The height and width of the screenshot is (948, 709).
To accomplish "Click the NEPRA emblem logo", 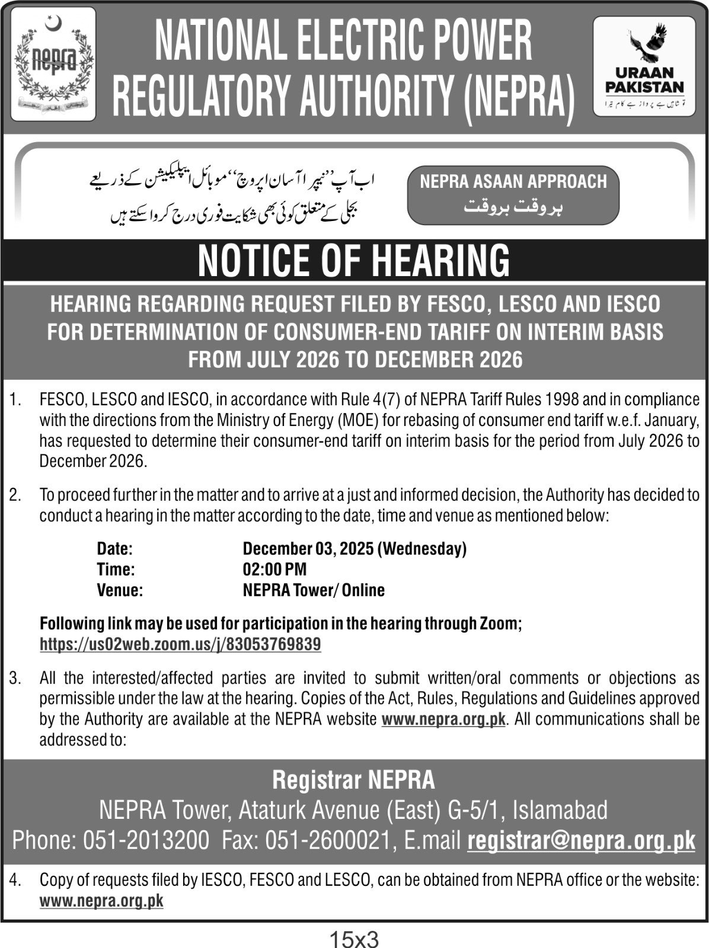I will pos(53,64).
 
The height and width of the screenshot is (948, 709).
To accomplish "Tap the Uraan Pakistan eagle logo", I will pos(644,65).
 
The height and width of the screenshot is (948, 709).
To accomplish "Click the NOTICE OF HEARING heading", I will pos(354,261).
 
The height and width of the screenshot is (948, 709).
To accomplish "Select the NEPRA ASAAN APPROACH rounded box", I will pos(513,195).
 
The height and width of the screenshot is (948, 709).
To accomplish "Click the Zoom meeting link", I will pos(180,644).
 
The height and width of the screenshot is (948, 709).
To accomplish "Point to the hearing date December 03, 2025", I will pos(308,549).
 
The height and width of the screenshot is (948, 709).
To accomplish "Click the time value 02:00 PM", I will pos(274,569).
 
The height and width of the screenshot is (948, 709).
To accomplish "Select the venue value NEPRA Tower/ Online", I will pos(314,590).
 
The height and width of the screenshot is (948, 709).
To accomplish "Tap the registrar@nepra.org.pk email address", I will pos(581,840).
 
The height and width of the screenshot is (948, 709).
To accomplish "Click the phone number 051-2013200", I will pos(146,840).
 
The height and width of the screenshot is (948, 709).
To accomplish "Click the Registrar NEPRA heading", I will pos(354,780).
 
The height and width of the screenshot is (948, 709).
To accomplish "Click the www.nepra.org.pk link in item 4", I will pos(101,901).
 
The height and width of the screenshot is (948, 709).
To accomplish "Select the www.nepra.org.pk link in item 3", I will pos(443,719).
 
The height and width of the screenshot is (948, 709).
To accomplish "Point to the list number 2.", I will pos(15,495).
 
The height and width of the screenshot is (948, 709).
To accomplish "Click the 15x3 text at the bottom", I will pos(354,939).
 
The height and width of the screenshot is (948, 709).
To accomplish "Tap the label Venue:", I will pos(120,590).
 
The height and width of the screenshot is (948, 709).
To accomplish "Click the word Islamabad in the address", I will pos(560,809).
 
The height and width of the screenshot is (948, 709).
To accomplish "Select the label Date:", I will pos(114,549).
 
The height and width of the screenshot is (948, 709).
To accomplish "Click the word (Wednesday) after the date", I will pos(422,549).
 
